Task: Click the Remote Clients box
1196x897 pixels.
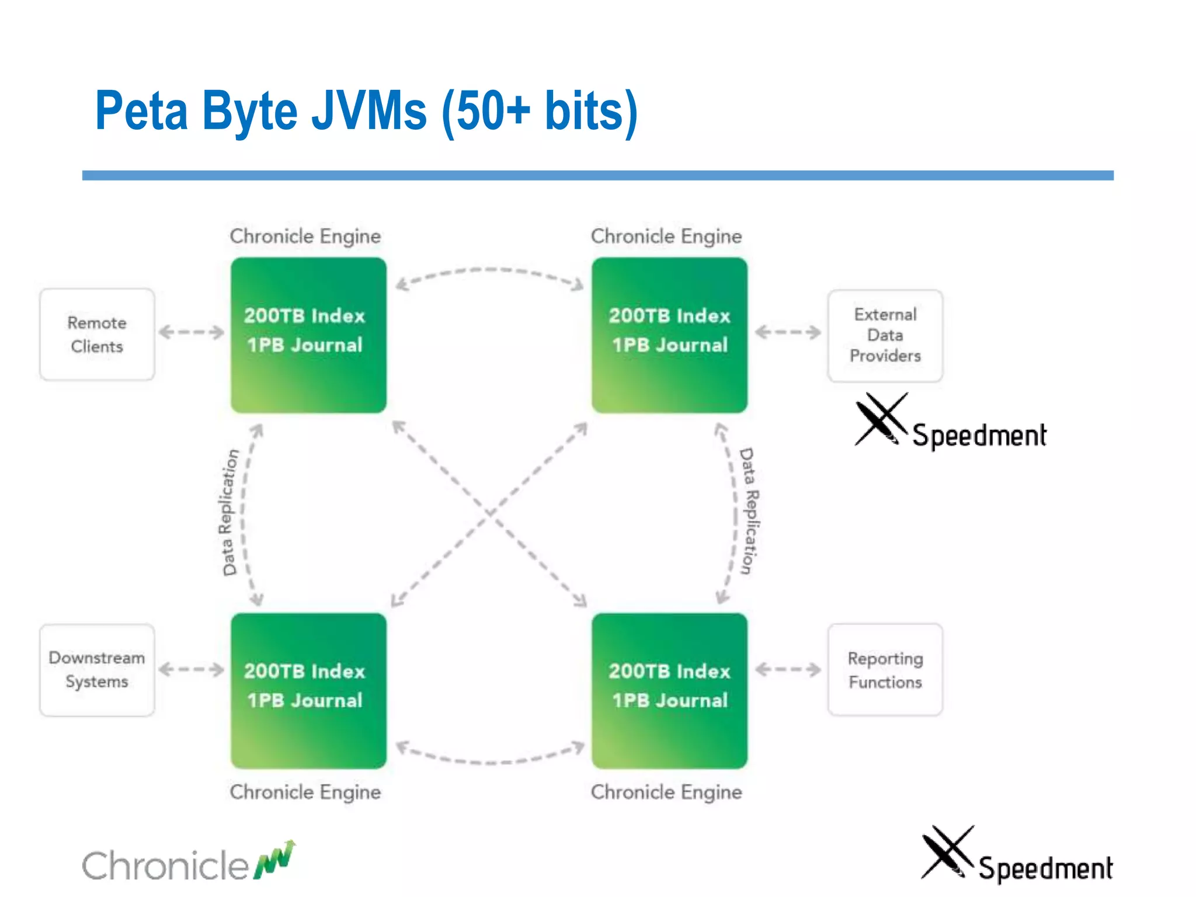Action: tap(97, 335)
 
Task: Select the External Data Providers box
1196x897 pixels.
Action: tap(885, 336)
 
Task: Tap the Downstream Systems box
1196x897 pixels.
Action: tap(97, 670)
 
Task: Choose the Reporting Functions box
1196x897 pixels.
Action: tap(885, 670)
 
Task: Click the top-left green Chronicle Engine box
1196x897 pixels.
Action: tap(308, 335)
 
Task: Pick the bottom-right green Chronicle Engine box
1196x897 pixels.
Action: tap(669, 690)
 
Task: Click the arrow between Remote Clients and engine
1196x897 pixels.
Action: tap(192, 332)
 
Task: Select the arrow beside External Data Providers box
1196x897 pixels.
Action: tap(788, 332)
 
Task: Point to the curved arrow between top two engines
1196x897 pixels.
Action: tap(489, 271)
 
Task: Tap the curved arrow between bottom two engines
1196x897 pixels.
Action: tap(489, 761)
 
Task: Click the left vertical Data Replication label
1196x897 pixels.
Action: tap(230, 513)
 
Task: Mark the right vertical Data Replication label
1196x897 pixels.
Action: tap(749, 512)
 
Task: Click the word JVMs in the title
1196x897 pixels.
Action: tap(369, 111)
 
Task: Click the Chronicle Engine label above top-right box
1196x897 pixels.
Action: tap(666, 236)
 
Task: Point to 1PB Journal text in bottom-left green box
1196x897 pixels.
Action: tap(305, 700)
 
